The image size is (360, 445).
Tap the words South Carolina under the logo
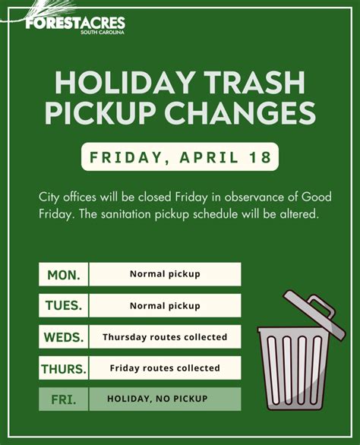click(103, 33)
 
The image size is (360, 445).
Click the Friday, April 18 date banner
click(180, 156)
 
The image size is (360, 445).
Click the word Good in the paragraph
click(316, 197)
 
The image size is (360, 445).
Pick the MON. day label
click(64, 274)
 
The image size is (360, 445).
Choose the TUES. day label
click(64, 305)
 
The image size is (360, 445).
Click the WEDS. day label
click(64, 337)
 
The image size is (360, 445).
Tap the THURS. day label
click(64, 368)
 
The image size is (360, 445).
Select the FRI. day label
click(64, 399)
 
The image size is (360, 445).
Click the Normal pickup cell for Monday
click(165, 274)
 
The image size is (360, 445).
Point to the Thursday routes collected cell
click(165, 337)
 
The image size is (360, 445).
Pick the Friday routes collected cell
click(165, 368)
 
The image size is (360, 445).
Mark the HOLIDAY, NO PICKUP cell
click(165, 399)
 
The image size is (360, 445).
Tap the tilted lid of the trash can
click(314, 314)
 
